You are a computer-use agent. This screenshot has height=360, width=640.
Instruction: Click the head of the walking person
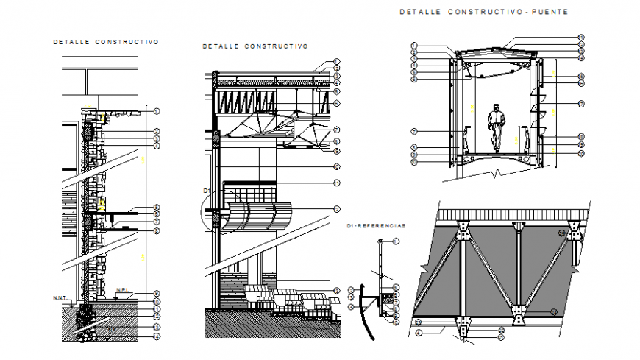[x=497, y=106]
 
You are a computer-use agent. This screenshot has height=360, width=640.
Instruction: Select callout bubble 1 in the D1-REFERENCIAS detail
[x=395, y=241]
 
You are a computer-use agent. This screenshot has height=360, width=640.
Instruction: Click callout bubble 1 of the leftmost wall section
[x=157, y=110]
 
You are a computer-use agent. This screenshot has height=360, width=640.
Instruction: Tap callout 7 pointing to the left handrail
[x=414, y=132]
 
